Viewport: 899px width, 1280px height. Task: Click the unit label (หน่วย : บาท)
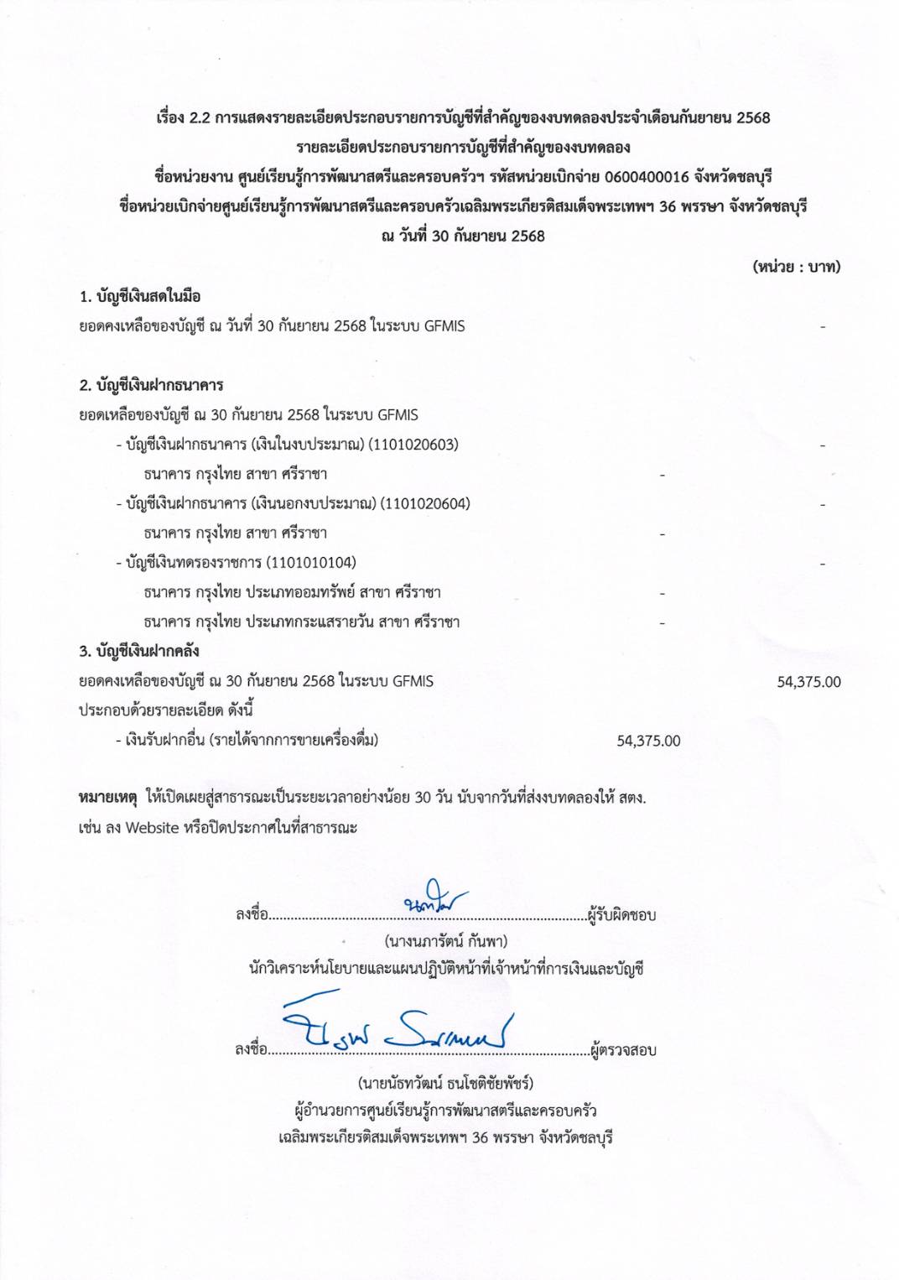tap(796, 267)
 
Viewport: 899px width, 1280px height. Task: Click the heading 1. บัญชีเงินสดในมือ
tap(140, 296)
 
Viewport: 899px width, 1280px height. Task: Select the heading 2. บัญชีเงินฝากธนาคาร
tap(151, 385)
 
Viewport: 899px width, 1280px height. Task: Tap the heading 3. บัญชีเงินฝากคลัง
tap(139, 651)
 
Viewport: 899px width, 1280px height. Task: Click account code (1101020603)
tap(413, 445)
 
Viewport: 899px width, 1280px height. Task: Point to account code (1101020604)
tap(425, 503)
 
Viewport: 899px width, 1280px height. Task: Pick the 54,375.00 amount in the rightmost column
tap(808, 682)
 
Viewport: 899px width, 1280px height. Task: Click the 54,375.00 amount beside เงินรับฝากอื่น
tap(648, 741)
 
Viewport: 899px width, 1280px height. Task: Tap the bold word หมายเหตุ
tap(107, 797)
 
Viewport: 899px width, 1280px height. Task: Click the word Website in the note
tap(152, 828)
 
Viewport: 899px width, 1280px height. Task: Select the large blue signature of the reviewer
tap(398, 1025)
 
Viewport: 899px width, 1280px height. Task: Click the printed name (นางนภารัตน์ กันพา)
tap(445, 940)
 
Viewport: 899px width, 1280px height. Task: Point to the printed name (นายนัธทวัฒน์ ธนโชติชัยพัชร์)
tap(445, 1083)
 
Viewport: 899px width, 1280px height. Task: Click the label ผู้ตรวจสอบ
tap(623, 1049)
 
